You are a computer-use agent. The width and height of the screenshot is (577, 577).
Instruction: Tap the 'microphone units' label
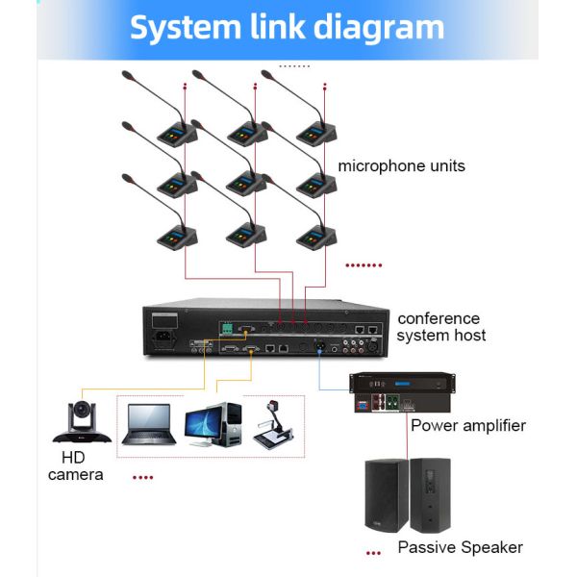[401, 166]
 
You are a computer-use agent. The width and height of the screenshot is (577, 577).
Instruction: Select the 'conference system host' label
[441, 327]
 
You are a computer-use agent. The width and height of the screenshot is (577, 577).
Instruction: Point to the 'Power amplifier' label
[468, 425]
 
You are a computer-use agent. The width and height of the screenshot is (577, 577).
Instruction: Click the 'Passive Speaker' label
[460, 547]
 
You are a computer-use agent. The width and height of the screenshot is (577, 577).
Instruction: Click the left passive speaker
[387, 495]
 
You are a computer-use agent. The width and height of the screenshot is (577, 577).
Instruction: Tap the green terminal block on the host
[228, 330]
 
